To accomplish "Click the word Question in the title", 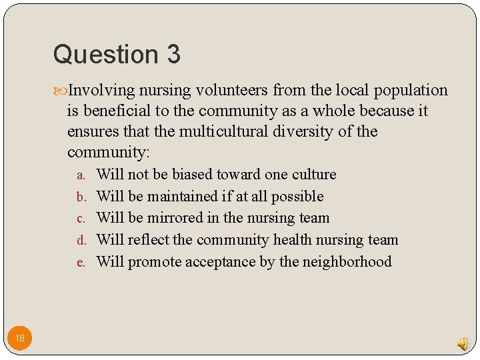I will tap(103, 54).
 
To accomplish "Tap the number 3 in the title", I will tap(173, 54).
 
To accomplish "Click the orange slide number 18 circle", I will tap(20, 338).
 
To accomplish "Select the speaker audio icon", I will tap(462, 343).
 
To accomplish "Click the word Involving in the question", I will tap(101, 91).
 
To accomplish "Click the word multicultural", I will tap(227, 131).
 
